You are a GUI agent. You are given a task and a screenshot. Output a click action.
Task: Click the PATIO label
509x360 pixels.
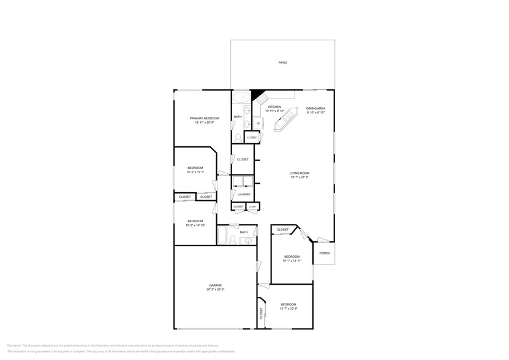pos(282,63)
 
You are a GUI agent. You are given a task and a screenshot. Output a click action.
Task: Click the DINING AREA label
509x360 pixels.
pos(315,108)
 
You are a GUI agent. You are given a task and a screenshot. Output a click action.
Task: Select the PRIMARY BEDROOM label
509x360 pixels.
pos(204,118)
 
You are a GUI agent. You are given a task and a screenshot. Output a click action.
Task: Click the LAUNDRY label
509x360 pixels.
pos(244,194)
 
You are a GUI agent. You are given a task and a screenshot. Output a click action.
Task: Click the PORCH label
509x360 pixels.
pos(325,253)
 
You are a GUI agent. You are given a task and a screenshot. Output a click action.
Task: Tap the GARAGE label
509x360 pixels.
pos(214,285)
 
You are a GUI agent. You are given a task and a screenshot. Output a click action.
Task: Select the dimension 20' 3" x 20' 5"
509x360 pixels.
pos(214,290)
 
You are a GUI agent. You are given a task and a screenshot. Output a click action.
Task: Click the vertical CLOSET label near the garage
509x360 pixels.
pos(262,314)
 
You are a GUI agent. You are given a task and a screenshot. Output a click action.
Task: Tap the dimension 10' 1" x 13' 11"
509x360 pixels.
pos(291,261)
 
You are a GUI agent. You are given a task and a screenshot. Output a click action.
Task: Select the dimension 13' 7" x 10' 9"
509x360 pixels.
pos(288,309)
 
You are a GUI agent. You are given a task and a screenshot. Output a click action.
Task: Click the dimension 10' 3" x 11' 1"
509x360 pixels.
pos(195,172)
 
